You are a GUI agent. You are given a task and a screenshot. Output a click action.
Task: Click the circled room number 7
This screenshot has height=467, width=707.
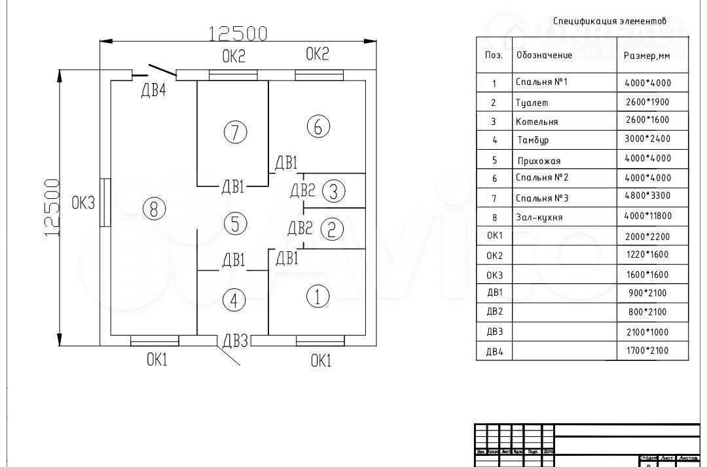coord(235,132)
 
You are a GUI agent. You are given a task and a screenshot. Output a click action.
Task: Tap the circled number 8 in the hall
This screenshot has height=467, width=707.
coord(154,209)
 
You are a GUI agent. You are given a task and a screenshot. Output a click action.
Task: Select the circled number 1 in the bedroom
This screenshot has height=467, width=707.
coord(317,298)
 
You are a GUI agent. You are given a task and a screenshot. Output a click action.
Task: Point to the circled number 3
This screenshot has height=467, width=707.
coord(334,192)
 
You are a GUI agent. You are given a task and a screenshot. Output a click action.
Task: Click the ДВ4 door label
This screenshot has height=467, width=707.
coord(154,91)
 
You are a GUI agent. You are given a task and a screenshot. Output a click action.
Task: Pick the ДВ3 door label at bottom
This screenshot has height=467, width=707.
coord(236,341)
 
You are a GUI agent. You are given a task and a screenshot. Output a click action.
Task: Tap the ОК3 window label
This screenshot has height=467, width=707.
coord(83,203)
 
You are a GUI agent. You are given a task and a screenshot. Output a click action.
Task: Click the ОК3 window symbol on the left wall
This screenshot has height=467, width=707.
coord(104,203)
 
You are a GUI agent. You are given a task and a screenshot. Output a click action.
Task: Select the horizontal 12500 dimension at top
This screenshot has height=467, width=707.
coord(238,33)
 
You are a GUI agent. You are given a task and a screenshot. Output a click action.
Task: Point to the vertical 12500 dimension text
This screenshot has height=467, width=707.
coord(52,208)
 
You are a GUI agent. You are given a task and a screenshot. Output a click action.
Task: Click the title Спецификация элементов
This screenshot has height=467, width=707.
coord(609,21)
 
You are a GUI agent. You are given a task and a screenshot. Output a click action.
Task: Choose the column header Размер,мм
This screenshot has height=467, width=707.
coord(647,56)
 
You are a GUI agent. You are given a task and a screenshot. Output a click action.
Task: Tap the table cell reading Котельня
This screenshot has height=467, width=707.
coord(537,122)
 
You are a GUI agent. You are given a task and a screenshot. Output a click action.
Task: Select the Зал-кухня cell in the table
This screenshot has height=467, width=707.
coord(538,217)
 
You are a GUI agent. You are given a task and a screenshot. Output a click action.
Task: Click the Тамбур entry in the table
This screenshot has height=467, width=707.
coord(533,140)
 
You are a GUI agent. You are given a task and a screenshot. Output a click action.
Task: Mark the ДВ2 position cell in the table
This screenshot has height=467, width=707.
coord(494,313)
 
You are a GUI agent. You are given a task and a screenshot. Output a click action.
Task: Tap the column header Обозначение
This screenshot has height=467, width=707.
coord(544,55)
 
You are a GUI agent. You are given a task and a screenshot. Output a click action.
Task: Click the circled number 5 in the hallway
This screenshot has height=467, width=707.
coord(234,224)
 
